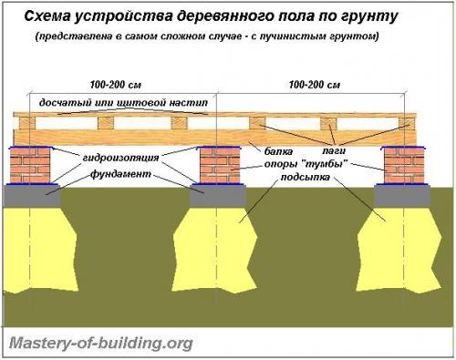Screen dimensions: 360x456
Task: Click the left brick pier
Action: (31, 165)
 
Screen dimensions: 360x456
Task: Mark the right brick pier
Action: (402, 165)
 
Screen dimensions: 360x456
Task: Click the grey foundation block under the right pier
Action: (402, 193)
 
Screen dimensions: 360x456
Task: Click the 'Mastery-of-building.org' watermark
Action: (100, 344)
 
